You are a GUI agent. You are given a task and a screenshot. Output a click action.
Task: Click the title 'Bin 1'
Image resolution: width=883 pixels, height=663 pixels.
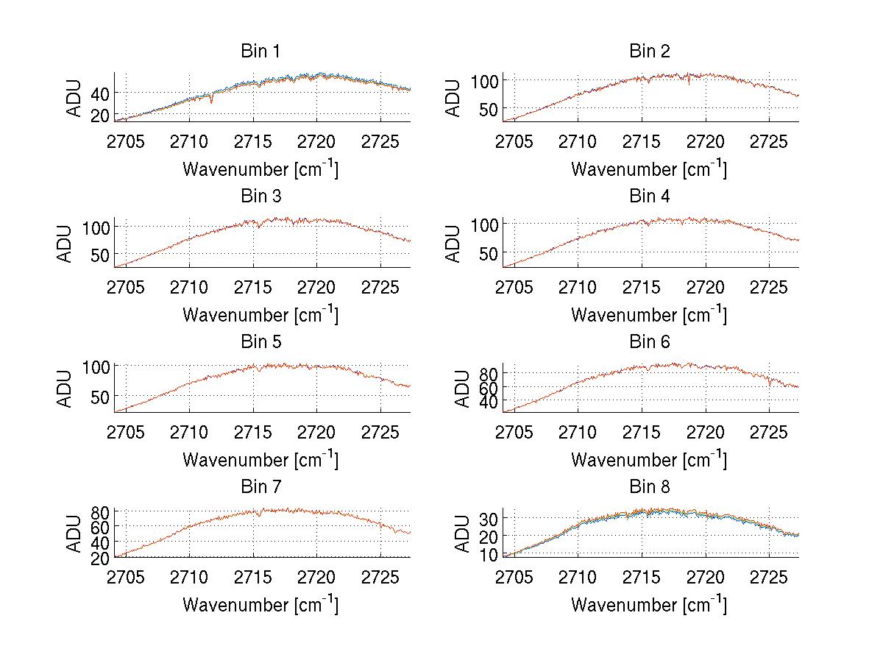click(260, 52)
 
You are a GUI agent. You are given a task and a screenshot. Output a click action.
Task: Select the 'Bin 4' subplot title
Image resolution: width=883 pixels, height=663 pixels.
click(649, 196)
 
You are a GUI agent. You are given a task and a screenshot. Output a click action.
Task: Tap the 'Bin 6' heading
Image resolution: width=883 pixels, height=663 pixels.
click(649, 342)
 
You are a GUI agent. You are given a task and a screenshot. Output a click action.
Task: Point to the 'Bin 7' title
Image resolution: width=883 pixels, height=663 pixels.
click(260, 487)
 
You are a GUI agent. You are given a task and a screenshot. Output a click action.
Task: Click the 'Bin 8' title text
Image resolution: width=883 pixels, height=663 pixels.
click(649, 487)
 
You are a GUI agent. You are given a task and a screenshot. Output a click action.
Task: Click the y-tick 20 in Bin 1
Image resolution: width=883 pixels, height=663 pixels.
click(99, 116)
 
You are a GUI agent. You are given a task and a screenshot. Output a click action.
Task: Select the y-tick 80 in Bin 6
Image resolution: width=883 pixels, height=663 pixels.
click(489, 373)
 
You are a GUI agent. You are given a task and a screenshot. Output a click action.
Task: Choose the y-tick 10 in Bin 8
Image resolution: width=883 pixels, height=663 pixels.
click(489, 553)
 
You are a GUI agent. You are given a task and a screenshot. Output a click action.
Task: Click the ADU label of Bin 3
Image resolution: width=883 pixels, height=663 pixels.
click(65, 244)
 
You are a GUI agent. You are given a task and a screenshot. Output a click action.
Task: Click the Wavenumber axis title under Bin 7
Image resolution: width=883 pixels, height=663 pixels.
click(260, 605)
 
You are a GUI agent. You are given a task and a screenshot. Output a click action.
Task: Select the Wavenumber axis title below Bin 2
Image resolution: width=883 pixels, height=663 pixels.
click(649, 169)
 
